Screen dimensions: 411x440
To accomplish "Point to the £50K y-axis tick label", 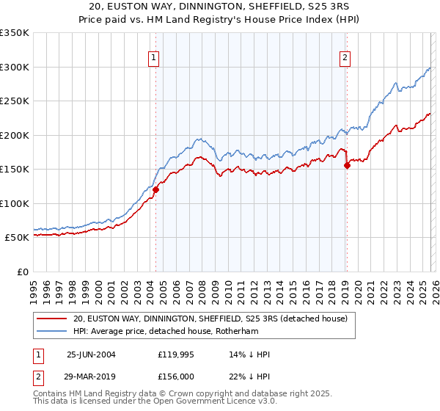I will [15, 238].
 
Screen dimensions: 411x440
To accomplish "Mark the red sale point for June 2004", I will [156, 189].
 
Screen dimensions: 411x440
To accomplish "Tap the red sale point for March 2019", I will [347, 165].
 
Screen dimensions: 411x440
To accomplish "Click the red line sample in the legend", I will [51, 319].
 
